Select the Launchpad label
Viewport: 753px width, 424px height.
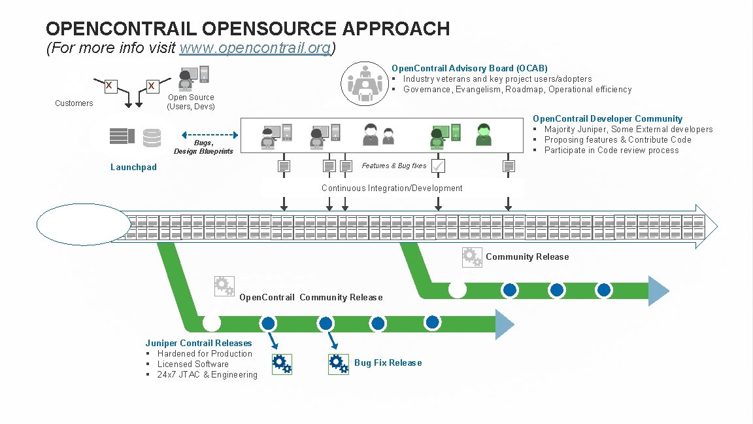133,168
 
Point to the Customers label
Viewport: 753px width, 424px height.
74,103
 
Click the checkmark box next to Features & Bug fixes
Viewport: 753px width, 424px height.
438,166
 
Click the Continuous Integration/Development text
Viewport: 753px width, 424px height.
392,188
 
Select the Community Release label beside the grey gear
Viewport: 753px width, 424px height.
527,257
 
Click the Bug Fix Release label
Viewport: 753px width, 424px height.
388,363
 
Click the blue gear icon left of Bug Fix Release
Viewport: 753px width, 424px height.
338,364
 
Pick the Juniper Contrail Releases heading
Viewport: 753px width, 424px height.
199,344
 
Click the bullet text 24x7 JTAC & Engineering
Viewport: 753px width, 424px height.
207,375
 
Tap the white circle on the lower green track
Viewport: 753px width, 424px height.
211,323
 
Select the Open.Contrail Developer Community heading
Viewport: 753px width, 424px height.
607,119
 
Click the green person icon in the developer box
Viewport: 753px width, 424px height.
484,134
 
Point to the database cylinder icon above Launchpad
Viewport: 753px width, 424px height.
152,137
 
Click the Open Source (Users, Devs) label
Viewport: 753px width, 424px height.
191,102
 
